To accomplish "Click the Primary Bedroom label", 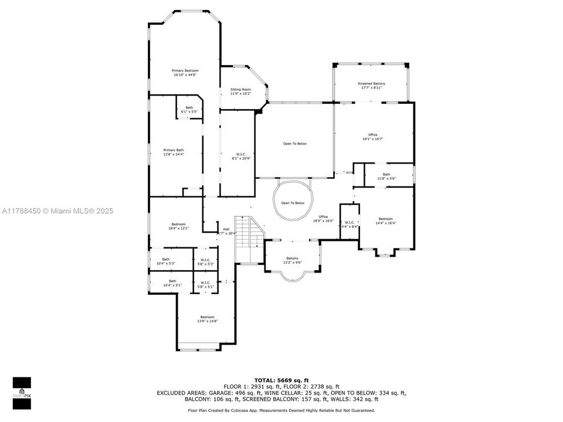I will pyautogui.click(x=185, y=73).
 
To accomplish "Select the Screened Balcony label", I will pyautogui.click(x=371, y=86).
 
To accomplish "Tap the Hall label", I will pyautogui.click(x=226, y=231).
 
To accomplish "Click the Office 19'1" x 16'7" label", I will pyautogui.click(x=372, y=137).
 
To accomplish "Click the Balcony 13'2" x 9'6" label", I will pyautogui.click(x=292, y=260).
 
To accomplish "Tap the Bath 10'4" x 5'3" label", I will pyautogui.click(x=166, y=261).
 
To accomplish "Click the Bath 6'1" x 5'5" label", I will pyautogui.click(x=189, y=109).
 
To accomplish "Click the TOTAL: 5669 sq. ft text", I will pyautogui.click(x=281, y=380).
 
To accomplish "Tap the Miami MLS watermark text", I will pyautogui.click(x=57, y=211).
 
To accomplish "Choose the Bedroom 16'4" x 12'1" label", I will pyautogui.click(x=178, y=226).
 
